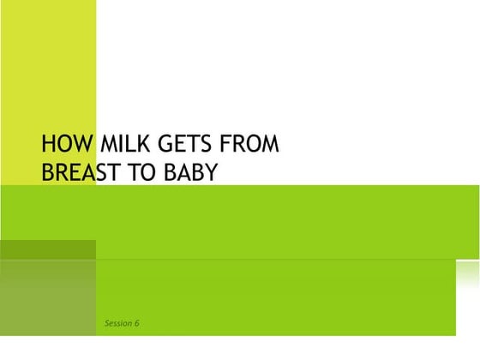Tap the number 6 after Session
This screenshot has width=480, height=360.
[136, 323]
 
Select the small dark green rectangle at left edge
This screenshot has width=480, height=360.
[48, 249]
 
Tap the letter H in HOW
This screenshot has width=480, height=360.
[48, 143]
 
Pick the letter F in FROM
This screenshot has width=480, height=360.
[228, 143]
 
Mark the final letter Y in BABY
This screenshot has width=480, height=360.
[212, 172]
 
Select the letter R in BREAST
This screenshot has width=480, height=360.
[63, 172]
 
